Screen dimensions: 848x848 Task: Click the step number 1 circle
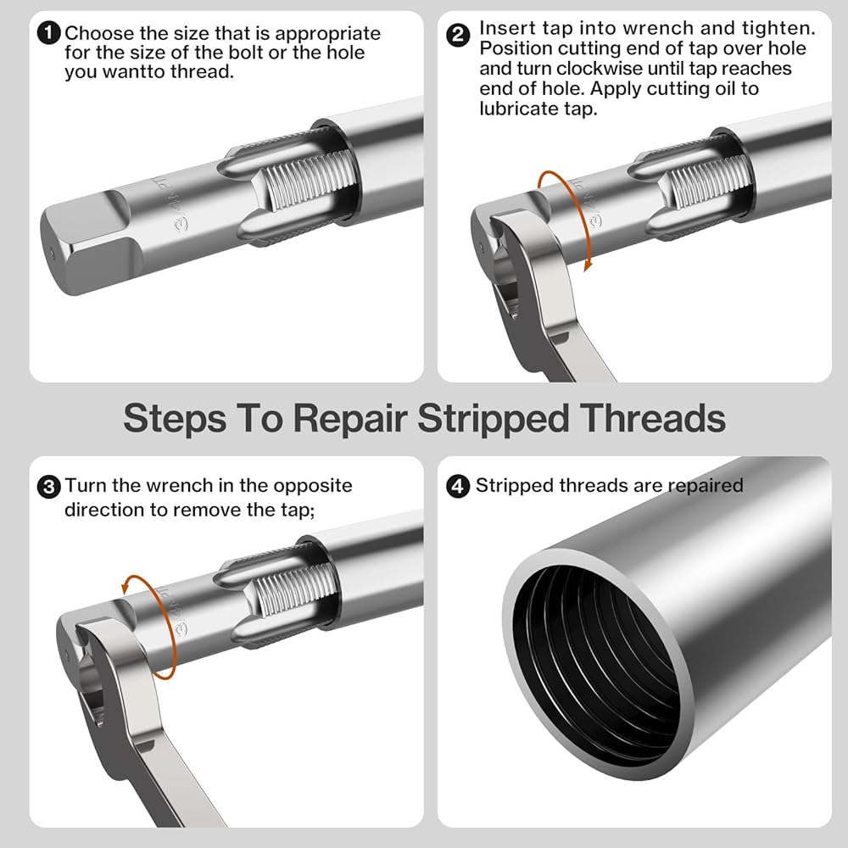click(x=47, y=33)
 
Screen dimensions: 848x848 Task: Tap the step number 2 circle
click(x=458, y=36)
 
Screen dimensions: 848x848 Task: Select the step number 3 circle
click(x=48, y=487)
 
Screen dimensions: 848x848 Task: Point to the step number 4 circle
click(x=458, y=486)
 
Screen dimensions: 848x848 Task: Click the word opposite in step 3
click(x=313, y=486)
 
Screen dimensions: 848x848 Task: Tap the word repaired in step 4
click(x=706, y=486)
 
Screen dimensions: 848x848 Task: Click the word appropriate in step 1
click(x=327, y=34)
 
